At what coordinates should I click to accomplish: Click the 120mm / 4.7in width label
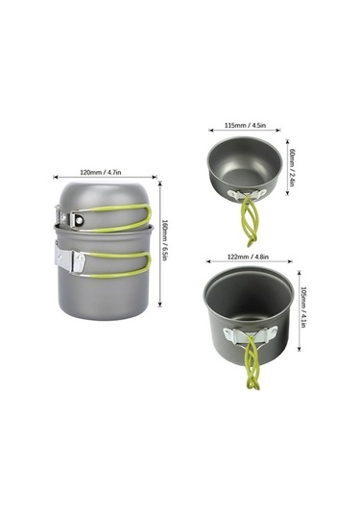(x=101, y=172)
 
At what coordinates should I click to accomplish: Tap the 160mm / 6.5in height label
(x=164, y=240)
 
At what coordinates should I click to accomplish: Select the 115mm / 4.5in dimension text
(x=246, y=125)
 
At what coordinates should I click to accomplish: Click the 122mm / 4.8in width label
(x=248, y=257)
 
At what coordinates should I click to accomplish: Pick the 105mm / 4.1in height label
(x=303, y=307)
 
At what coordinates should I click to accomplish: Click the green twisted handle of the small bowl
(x=250, y=221)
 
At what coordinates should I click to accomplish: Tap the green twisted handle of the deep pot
(x=252, y=362)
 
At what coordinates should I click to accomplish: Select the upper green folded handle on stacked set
(x=121, y=217)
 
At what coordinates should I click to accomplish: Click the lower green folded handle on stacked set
(x=120, y=265)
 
